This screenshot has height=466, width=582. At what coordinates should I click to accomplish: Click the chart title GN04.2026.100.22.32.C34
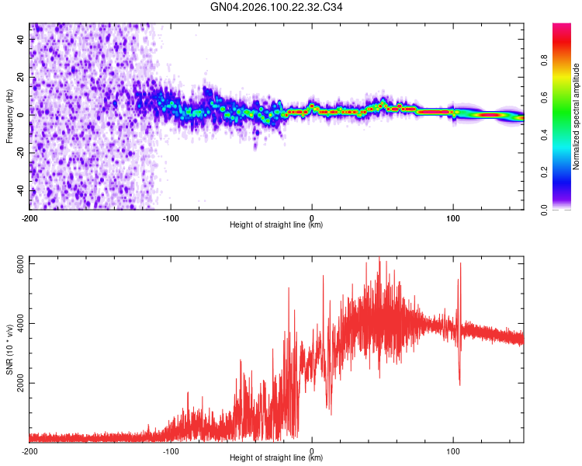(277, 8)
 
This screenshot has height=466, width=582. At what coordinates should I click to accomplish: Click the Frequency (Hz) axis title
(9, 116)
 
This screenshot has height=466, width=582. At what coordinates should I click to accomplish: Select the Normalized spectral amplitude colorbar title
(577, 116)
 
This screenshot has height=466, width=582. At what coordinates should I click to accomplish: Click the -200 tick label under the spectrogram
(29, 217)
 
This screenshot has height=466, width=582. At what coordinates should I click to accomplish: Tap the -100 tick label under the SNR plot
(171, 450)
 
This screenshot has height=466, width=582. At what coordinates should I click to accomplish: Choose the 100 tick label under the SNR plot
(453, 450)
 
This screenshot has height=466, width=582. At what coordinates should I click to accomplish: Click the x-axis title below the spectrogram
(277, 225)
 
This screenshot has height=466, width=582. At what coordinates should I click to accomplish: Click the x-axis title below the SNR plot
(277, 458)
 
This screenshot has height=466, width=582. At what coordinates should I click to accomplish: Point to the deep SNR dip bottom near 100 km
(460, 384)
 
